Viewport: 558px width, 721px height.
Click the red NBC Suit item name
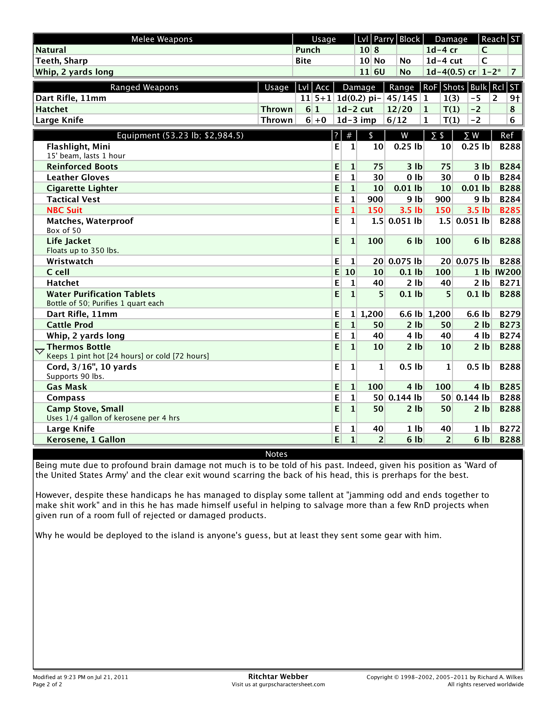(64, 210)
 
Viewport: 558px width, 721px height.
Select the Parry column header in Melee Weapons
(383, 39)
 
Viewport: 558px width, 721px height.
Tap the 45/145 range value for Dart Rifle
(402, 98)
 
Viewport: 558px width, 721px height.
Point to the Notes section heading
(276, 454)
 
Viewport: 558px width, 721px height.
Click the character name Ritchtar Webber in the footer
(278, 676)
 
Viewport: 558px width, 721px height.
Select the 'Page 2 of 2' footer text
(47, 684)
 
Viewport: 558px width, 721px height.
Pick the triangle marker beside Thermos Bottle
(40, 351)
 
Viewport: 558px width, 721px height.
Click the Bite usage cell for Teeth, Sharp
(303, 61)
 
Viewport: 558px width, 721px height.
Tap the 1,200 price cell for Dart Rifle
(372, 314)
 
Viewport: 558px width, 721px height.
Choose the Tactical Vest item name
(73, 199)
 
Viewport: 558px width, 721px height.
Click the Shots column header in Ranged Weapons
(453, 88)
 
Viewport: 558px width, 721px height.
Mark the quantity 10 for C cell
(350, 272)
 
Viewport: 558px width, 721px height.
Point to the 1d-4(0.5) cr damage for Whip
(451, 72)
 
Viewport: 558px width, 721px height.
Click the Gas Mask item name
(66, 387)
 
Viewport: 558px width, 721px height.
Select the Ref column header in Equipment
(507, 136)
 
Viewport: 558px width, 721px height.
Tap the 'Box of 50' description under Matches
(63, 230)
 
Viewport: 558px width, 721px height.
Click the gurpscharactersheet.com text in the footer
(291, 684)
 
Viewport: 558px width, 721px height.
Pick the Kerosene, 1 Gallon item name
(86, 440)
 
